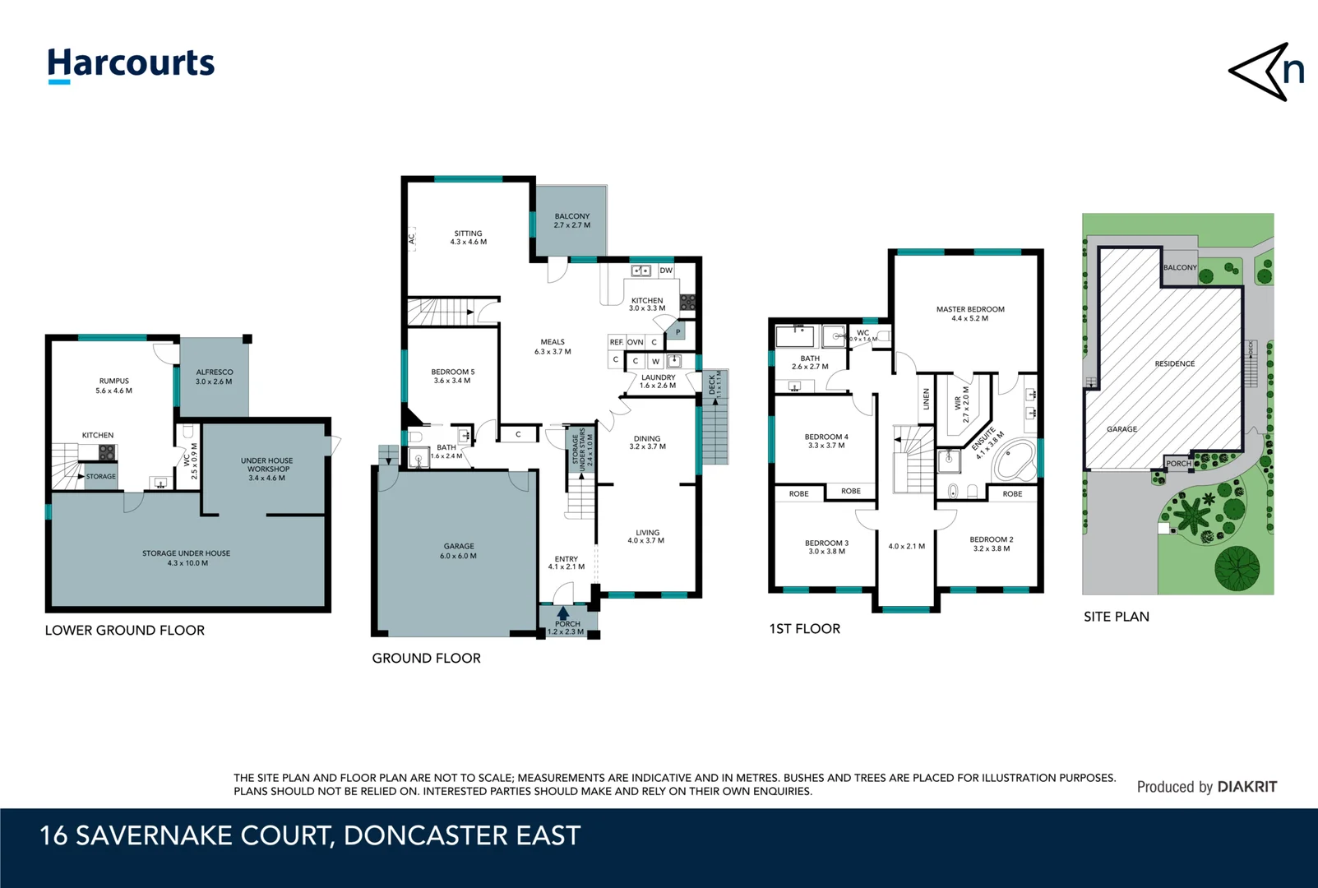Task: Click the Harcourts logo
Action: point(131,64)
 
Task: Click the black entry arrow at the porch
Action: point(563,613)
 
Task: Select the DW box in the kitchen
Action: point(666,271)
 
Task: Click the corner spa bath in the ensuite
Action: point(1015,461)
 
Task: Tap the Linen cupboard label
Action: point(926,400)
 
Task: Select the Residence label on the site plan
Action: point(1174,363)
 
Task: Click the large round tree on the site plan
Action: point(1237,568)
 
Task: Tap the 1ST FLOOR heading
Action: point(804,629)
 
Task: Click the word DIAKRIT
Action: point(1246,787)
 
